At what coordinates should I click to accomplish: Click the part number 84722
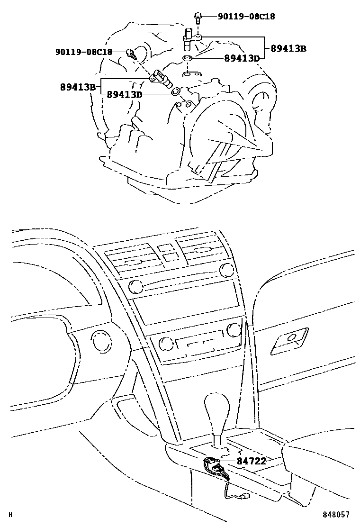point(251,461)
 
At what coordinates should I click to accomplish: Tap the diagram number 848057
point(336,515)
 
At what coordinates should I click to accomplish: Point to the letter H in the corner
point(10,515)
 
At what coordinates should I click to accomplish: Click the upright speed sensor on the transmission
point(190,38)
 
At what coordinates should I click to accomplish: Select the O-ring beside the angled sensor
point(176,91)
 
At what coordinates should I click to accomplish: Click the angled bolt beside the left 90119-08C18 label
point(131,54)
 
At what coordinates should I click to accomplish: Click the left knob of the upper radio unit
point(135,286)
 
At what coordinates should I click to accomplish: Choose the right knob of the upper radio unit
point(227,269)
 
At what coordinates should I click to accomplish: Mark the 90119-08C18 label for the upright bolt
point(246,17)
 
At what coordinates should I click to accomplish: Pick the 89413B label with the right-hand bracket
point(288,48)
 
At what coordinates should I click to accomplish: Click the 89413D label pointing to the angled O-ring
point(125,95)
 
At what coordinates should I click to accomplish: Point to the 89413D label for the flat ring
point(242,58)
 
